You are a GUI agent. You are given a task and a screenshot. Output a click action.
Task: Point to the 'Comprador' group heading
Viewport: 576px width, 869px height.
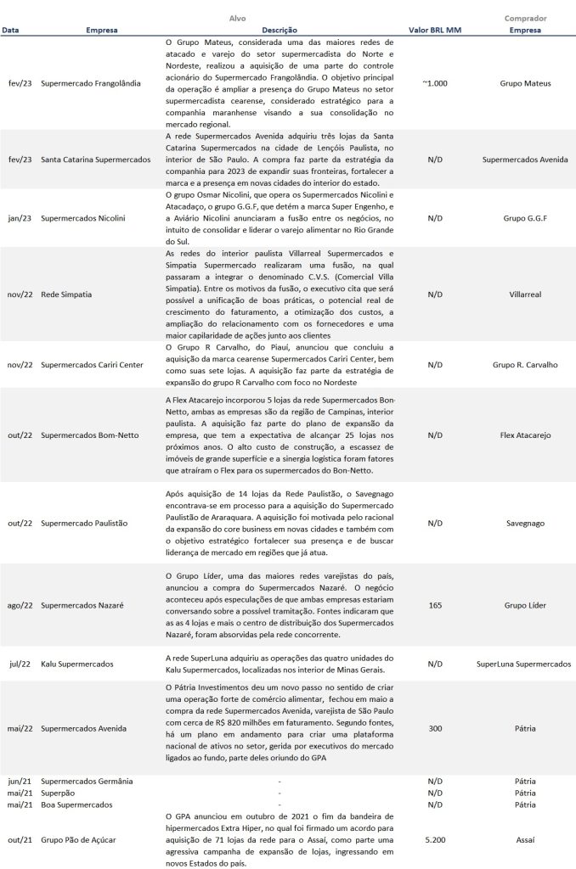click(x=525, y=18)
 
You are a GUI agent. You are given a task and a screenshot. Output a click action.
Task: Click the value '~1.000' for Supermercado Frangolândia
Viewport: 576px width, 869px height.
click(x=436, y=84)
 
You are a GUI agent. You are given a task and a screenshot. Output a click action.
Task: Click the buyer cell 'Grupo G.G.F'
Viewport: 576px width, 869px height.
click(x=525, y=217)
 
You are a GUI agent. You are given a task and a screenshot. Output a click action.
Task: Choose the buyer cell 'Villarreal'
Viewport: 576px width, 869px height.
click(x=525, y=294)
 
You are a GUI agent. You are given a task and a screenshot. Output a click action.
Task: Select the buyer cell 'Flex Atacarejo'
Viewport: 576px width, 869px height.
click(x=525, y=434)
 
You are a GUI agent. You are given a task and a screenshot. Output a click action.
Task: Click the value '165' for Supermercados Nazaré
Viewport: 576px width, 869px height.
click(x=436, y=606)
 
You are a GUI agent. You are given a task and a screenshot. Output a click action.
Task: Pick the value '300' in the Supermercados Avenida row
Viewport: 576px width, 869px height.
click(x=436, y=728)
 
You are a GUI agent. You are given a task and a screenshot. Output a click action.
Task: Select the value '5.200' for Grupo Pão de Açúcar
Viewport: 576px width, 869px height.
click(x=436, y=839)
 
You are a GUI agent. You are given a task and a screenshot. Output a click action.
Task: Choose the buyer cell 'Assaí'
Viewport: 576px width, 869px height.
click(x=525, y=839)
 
